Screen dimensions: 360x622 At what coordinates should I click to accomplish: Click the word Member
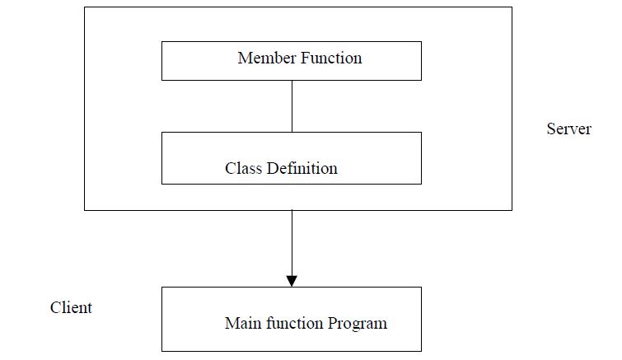pos(263,58)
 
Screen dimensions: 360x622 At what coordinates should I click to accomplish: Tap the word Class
pos(243,168)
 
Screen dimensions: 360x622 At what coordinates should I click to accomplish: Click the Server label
pos(568,129)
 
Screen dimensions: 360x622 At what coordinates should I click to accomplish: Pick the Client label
pos(71,308)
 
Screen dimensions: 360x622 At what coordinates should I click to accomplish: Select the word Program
pos(358,324)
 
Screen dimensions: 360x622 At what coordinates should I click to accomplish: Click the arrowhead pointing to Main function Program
pos(292,280)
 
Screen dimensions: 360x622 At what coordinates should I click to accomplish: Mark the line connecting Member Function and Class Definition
pos(292,105)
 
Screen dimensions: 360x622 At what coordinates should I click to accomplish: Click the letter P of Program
pos(332,323)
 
